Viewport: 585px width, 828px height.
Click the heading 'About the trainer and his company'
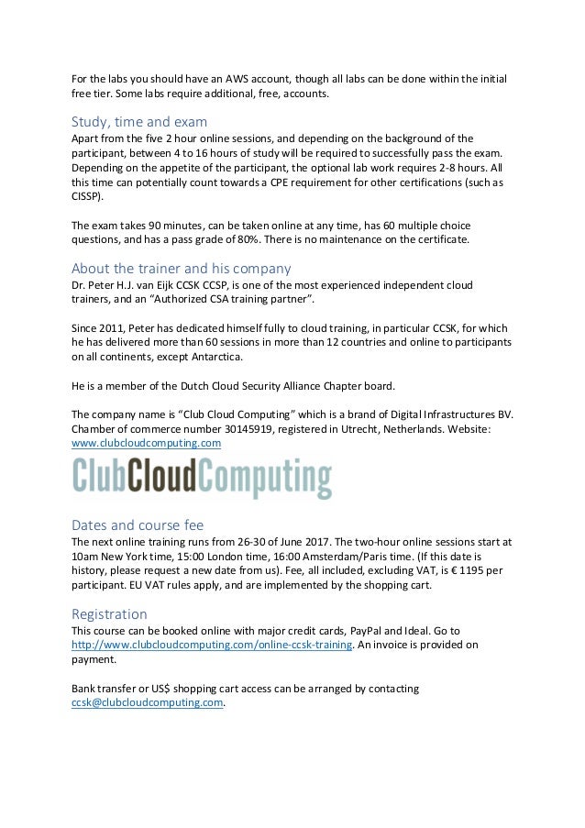pyautogui.click(x=181, y=270)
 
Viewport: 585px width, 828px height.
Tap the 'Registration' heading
pyautogui.click(x=109, y=613)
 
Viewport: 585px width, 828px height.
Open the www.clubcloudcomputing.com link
pyautogui.click(x=146, y=443)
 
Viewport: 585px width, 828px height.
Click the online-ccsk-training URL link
pyautogui.click(x=213, y=646)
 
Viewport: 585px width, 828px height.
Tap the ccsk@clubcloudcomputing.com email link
pyautogui.click(x=148, y=703)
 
